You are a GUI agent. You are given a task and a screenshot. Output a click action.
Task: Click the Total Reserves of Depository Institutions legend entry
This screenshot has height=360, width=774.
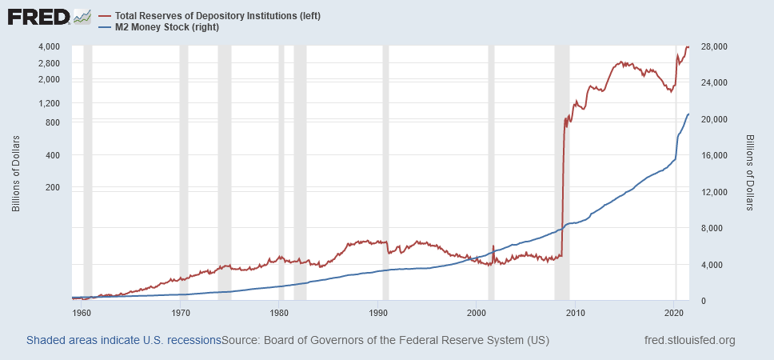[217, 16]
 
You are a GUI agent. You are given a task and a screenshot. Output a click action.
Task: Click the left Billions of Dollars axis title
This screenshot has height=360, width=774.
[16, 173]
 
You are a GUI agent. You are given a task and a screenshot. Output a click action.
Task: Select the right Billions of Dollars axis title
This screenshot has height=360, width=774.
[750, 173]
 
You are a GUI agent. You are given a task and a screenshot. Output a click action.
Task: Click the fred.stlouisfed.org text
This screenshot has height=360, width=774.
[689, 341]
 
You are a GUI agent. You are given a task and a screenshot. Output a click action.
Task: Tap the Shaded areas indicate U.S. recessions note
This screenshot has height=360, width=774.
[124, 341]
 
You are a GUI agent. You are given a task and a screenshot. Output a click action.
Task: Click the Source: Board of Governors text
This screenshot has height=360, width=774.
[385, 341]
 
